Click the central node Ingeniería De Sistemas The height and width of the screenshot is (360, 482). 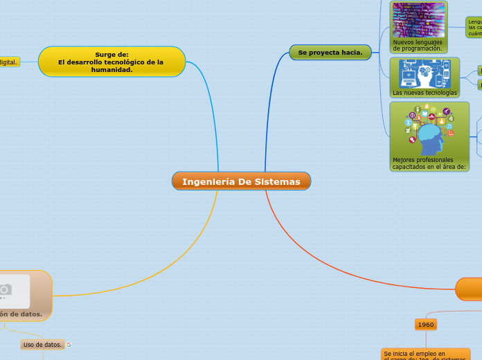pos(241,181)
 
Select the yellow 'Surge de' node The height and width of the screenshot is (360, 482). pos(111,62)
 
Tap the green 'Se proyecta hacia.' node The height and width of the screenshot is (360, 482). pos(330,52)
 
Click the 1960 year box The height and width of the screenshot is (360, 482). pos(426,324)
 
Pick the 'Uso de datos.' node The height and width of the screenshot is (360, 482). pos(42,344)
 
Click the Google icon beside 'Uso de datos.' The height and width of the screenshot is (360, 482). pos(69,344)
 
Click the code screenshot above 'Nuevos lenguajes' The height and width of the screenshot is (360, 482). pos(418,19)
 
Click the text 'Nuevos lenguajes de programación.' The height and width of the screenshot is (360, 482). pos(418,46)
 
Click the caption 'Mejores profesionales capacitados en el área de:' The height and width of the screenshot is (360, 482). pos(429,163)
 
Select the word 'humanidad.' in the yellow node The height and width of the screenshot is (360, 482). pos(111,70)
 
